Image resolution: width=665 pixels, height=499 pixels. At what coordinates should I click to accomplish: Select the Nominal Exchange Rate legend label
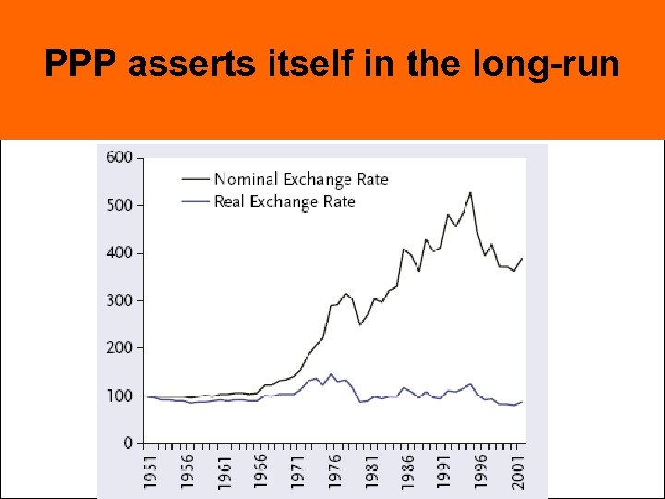(x=300, y=179)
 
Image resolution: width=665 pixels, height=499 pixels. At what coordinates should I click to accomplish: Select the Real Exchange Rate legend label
(x=284, y=201)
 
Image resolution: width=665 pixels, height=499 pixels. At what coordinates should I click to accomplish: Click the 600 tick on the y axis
(x=120, y=157)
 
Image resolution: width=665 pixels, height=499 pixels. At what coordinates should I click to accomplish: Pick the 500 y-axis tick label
(x=120, y=205)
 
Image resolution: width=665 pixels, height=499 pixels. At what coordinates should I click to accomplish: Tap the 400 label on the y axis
(x=120, y=252)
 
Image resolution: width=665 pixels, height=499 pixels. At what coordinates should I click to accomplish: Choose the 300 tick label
(x=120, y=300)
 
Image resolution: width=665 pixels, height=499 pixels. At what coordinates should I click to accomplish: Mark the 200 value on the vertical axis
(x=120, y=347)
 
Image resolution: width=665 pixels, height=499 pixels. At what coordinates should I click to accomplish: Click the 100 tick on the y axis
(x=120, y=396)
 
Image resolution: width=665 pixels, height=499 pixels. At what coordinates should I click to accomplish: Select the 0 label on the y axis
(x=127, y=444)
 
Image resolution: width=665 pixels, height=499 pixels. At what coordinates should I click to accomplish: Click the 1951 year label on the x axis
(x=149, y=468)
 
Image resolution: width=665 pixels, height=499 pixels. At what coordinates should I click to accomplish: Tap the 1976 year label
(x=334, y=468)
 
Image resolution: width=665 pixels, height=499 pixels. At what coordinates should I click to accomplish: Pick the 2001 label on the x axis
(x=519, y=468)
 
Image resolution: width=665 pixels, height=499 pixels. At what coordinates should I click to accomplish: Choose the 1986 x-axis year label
(x=408, y=468)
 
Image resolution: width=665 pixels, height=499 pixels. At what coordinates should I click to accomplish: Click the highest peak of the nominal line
(x=470, y=193)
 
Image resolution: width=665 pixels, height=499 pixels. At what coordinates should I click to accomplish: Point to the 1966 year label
(x=260, y=468)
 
